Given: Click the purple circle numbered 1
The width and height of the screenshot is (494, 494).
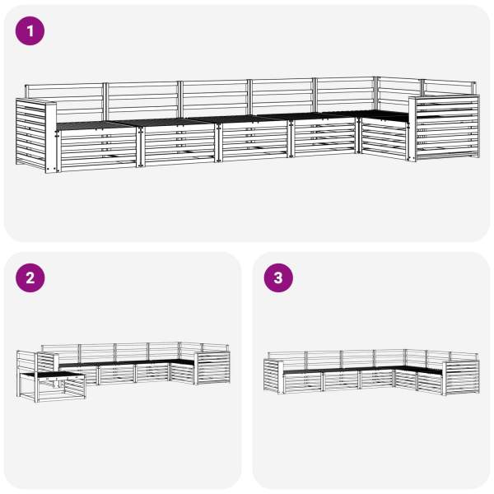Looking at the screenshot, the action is (30, 31).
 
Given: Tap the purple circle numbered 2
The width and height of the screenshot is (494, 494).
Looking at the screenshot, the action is (30, 278).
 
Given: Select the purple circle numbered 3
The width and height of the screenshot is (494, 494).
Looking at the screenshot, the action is (278, 278).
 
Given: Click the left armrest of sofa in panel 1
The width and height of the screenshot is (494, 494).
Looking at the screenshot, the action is (35, 135).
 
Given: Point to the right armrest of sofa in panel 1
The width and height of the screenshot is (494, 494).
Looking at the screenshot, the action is (445, 128).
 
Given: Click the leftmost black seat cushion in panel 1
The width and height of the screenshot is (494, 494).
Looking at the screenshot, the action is (95, 125).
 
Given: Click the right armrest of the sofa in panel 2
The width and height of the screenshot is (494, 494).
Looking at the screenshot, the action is (212, 368).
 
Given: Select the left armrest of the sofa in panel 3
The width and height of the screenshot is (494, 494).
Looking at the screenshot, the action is (273, 376).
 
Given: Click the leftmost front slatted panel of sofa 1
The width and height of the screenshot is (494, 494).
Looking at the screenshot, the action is (98, 150).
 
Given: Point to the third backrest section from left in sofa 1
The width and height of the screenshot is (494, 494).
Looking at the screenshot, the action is (215, 98).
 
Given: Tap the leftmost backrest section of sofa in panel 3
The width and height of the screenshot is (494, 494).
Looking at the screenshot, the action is (287, 361).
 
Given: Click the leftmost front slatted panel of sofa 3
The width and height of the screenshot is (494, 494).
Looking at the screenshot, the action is (303, 382).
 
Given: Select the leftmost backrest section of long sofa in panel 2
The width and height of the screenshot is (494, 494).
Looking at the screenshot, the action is (60, 353).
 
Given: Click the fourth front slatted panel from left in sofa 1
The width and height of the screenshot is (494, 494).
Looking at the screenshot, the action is (325, 137).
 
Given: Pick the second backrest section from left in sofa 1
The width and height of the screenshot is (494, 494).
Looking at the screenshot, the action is (142, 100).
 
